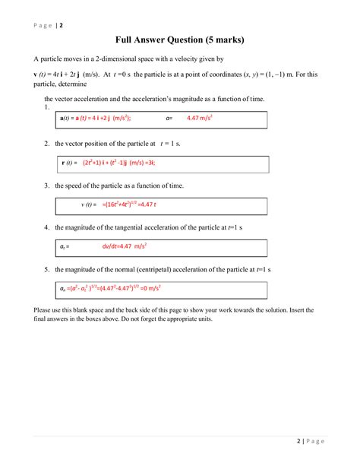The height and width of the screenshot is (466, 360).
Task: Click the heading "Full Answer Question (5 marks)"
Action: (x=180, y=39)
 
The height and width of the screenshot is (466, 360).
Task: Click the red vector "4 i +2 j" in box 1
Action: (x=96, y=119)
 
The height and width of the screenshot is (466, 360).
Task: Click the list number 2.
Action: (x=47, y=143)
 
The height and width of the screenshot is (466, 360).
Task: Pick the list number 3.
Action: (x=47, y=185)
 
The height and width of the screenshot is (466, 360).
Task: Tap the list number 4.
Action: (x=47, y=227)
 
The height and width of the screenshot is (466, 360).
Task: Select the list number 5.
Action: (x=47, y=269)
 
